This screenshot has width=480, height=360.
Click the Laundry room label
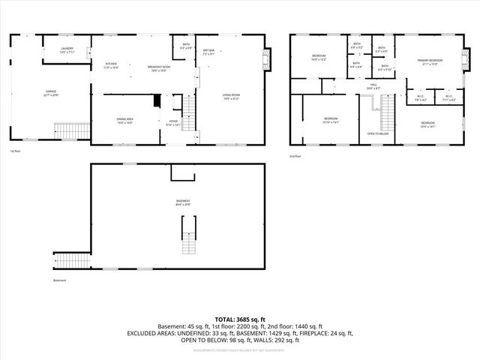67,50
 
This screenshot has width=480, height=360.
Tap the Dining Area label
124,121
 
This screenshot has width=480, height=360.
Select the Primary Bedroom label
430,61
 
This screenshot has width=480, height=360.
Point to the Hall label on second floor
373,86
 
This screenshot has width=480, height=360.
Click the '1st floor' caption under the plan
15,150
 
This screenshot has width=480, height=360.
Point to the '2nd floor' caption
295,156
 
